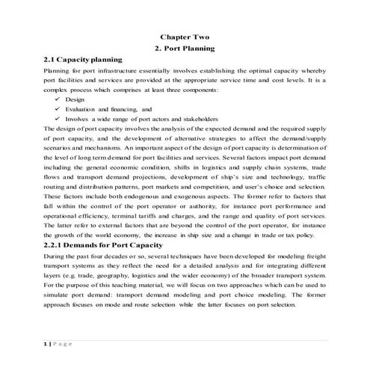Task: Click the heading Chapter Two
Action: pyautogui.click(x=185, y=37)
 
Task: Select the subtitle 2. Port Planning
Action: pyautogui.click(x=185, y=48)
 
